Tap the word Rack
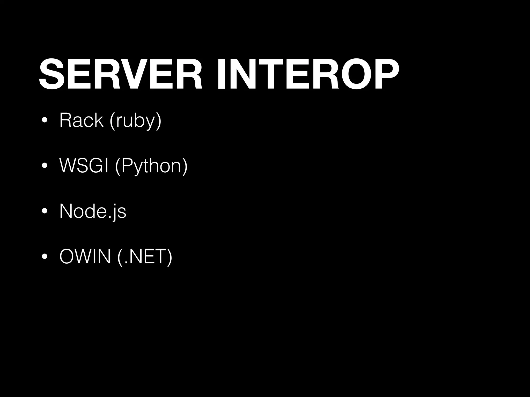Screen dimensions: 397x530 81,120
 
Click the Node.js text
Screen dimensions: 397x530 93,211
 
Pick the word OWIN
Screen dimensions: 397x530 85,257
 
